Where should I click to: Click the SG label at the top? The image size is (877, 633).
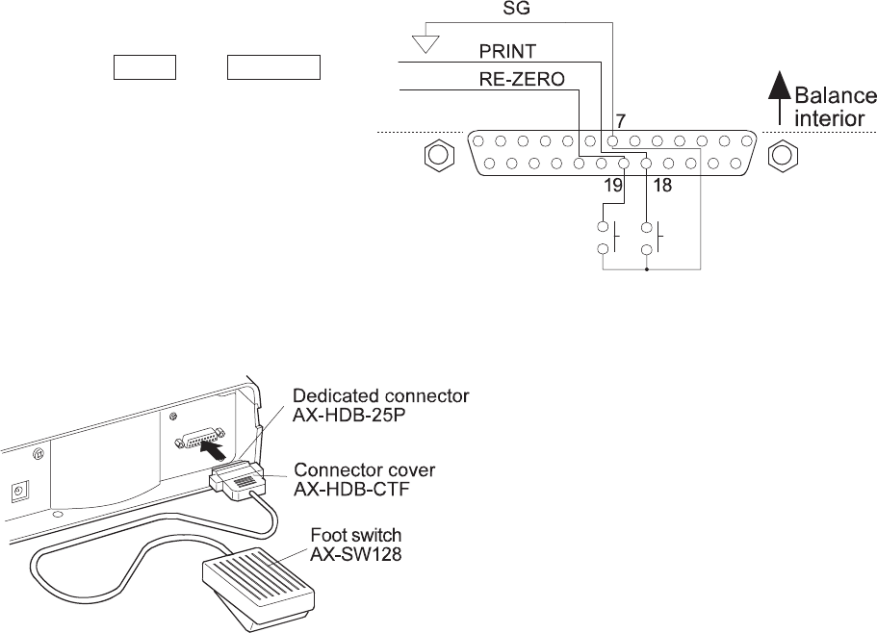click(x=516, y=9)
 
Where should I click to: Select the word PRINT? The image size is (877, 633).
click(x=508, y=52)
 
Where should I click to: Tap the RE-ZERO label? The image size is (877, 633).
click(x=522, y=79)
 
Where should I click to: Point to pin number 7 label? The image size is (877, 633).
click(x=620, y=121)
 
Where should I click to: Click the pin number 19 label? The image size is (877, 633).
click(x=613, y=185)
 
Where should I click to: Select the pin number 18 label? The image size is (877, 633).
click(x=662, y=185)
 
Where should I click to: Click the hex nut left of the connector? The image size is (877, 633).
click(x=439, y=156)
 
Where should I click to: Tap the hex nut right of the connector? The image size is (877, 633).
click(x=783, y=156)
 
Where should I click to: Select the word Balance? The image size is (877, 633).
click(x=836, y=95)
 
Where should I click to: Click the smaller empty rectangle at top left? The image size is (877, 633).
click(x=144, y=67)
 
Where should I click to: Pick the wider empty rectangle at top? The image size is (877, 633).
click(x=274, y=67)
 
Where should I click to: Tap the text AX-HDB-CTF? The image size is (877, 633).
click(x=351, y=490)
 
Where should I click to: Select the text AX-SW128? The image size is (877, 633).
click(x=356, y=554)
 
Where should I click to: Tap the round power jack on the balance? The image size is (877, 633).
click(x=19, y=492)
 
